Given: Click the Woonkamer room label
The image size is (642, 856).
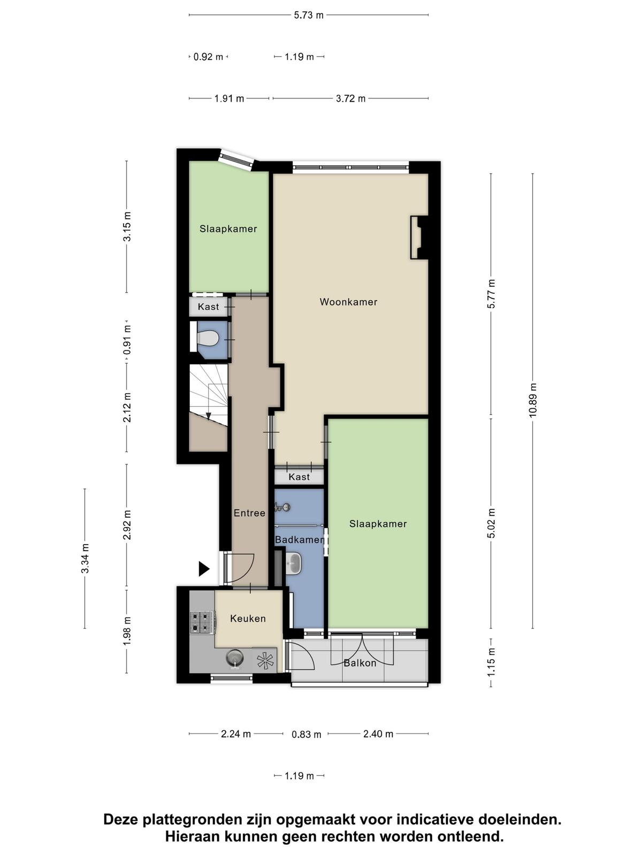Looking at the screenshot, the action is coord(348,302).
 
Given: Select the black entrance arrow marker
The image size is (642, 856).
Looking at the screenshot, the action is coord(204,569).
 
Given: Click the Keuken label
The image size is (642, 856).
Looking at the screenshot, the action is coord(248,618).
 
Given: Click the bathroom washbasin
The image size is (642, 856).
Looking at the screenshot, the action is coord(293,563).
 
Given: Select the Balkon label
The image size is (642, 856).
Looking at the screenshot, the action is coord(360,663).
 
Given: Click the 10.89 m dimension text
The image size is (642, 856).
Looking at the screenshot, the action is coord(533,400).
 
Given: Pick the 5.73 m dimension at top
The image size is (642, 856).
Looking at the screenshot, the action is coord(309,15).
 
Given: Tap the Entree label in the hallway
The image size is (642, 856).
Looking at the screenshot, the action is coord(249,513).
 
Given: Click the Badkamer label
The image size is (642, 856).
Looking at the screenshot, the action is coord(300,540).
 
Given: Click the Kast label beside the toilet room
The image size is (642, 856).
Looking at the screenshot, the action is coord(208,307).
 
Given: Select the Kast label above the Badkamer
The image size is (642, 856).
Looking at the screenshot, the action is coord(300,477).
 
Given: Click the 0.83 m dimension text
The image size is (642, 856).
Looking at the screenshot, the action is coord(307,735).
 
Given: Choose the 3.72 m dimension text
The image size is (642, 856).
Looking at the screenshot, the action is coord(351,98).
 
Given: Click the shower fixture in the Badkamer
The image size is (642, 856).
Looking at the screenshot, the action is coord(282,507).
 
